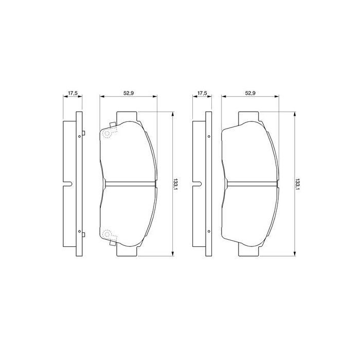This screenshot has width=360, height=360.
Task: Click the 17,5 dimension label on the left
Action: point(73,93)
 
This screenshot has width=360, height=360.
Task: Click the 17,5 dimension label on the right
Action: point(202,93)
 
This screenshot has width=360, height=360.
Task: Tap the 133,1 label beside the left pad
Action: point(176,184)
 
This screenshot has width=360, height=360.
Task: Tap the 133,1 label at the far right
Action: point(298,184)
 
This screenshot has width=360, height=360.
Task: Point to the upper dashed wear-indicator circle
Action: point(107,134)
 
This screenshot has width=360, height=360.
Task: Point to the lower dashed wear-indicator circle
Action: point(107,235)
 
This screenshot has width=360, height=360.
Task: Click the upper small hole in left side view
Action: point(82,136)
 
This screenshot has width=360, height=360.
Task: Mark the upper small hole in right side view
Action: point(209,136)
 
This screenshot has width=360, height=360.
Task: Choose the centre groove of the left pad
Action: point(129,184)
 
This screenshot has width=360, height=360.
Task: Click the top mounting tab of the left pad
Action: point(128,117)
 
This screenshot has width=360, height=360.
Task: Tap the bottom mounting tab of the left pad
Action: point(128,251)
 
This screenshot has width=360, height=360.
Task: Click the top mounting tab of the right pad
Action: point(250,117)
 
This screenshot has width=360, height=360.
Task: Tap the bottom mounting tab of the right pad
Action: point(250,251)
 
